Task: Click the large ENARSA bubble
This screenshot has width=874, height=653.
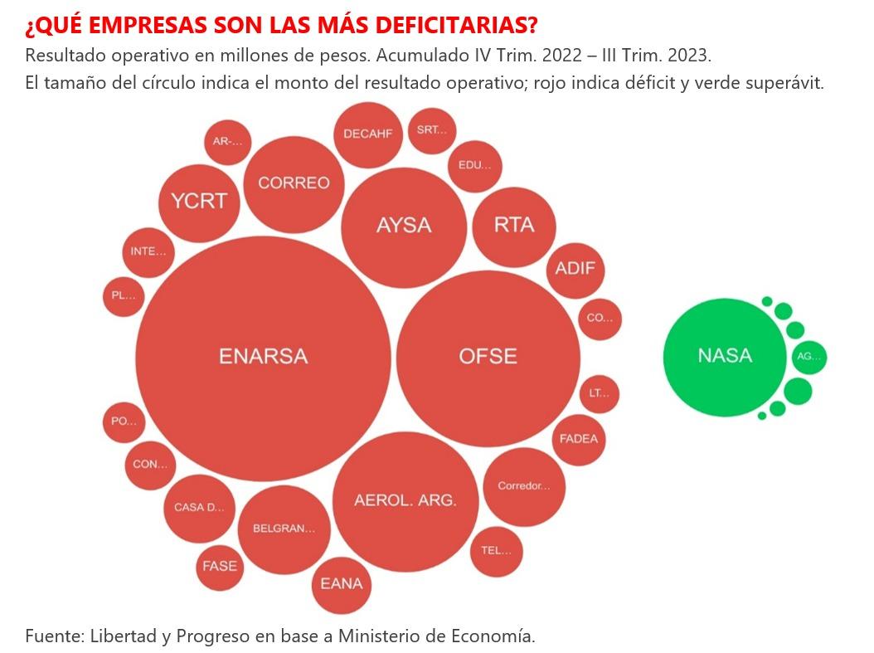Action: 263,357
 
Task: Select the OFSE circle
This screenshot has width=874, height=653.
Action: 488,357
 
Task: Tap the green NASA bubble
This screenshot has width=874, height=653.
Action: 724,356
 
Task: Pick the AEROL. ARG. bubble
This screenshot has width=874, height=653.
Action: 405,500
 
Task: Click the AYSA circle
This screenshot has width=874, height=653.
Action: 404,225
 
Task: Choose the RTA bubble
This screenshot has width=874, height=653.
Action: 514,225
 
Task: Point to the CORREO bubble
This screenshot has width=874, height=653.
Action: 294,183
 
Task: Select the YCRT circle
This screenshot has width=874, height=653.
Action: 199,201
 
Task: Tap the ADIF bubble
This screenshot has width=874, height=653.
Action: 575,269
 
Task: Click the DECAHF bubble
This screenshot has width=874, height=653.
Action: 368,134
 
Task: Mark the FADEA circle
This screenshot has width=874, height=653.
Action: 579,439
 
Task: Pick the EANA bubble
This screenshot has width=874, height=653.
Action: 342,584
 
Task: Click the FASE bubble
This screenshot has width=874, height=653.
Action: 220,566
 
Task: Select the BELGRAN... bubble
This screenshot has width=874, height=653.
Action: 284,529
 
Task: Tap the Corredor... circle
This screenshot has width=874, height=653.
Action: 523,486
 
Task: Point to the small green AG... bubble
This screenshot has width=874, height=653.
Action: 808,357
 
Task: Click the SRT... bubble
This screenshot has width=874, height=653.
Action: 431,130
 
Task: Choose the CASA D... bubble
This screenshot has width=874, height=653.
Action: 199,508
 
